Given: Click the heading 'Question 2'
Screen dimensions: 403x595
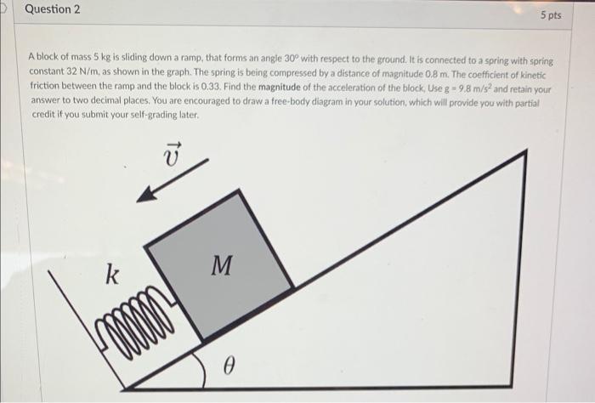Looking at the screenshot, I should coord(53,10).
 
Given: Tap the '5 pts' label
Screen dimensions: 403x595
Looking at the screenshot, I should coord(550,15).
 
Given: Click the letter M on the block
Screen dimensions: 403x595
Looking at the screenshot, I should coord(221,266).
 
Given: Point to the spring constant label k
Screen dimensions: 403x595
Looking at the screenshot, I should coord(111,275).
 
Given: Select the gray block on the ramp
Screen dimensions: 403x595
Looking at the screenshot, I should coord(219,264).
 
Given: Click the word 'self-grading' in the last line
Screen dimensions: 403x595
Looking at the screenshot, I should coord(150,111).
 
